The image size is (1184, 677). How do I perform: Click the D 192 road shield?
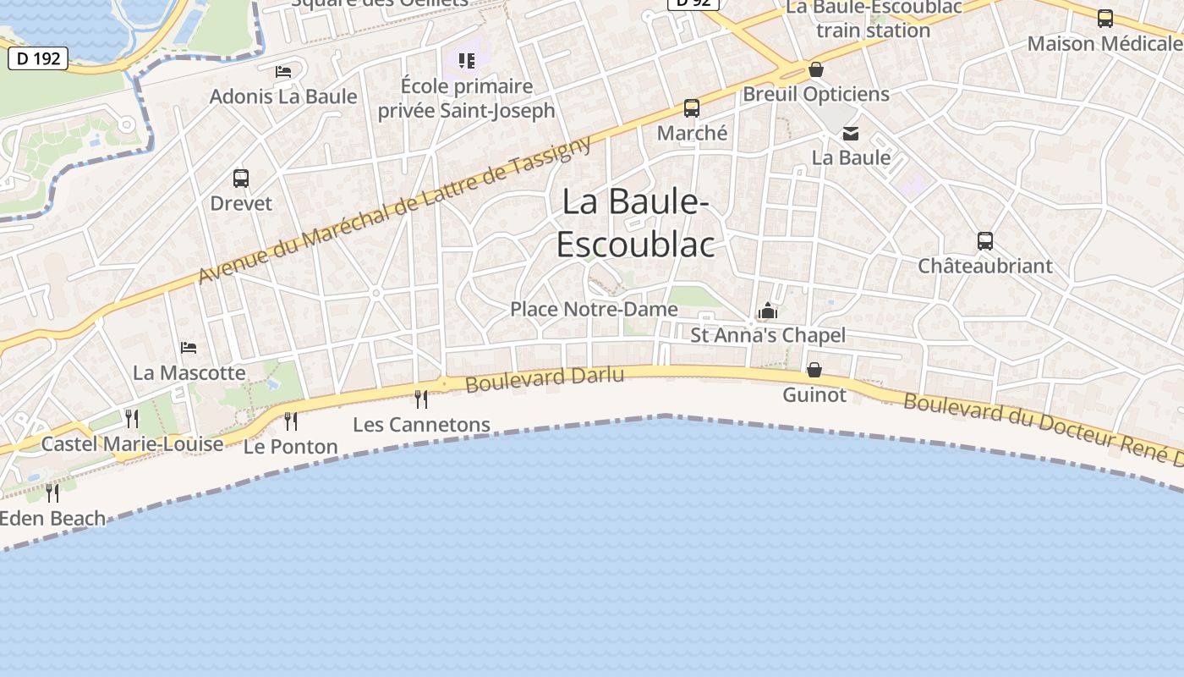pyautogui.click(x=38, y=58)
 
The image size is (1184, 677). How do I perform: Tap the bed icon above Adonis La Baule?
pyautogui.click(x=283, y=72)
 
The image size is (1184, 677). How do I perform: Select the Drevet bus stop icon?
pyautogui.click(x=241, y=179)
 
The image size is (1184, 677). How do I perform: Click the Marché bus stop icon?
pyautogui.click(x=692, y=108)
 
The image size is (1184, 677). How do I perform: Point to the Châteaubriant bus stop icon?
pyautogui.click(x=985, y=241)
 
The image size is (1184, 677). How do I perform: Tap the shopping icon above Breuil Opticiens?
pyautogui.click(x=816, y=69)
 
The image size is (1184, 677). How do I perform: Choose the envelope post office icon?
pyautogui.click(x=851, y=134)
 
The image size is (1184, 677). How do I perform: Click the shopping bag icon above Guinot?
pyautogui.click(x=814, y=370)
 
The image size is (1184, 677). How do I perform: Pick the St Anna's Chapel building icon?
pyautogui.click(x=768, y=311)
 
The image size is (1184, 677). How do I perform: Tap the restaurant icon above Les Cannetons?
pyautogui.click(x=421, y=399)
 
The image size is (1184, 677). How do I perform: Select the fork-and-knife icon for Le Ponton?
pyautogui.click(x=291, y=421)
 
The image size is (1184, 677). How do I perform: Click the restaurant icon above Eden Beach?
pyautogui.click(x=52, y=493)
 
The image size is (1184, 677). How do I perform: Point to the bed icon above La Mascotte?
pyautogui.click(x=189, y=348)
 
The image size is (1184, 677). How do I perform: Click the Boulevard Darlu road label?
pyautogui.click(x=545, y=378)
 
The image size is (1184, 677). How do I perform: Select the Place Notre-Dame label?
pyautogui.click(x=594, y=309)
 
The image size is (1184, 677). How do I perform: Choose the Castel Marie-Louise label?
pyautogui.click(x=132, y=443)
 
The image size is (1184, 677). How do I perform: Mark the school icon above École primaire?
pyautogui.click(x=467, y=61)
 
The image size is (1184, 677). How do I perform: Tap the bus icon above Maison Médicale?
pyautogui.click(x=1105, y=19)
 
